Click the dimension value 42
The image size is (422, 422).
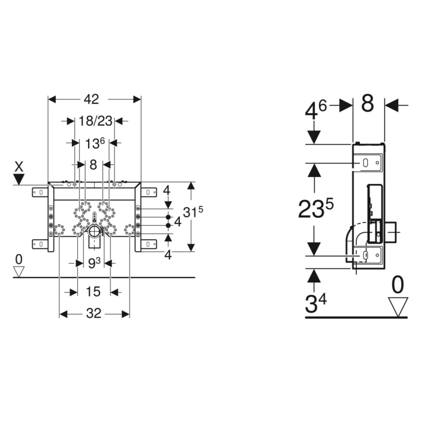[93, 99]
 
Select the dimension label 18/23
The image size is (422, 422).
[95, 121]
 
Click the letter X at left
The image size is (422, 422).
[19, 166]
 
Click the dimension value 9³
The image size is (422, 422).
[94, 264]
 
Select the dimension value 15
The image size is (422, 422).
[94, 292]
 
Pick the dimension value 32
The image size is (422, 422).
[94, 314]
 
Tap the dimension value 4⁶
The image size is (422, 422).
[316, 110]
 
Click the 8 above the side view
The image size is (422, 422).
[368, 104]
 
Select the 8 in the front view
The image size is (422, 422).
[93, 165]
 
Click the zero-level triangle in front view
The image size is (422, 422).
[19, 271]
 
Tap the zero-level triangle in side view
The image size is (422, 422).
[398, 306]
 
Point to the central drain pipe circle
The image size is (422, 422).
[94, 232]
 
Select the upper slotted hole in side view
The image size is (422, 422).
[367, 163]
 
